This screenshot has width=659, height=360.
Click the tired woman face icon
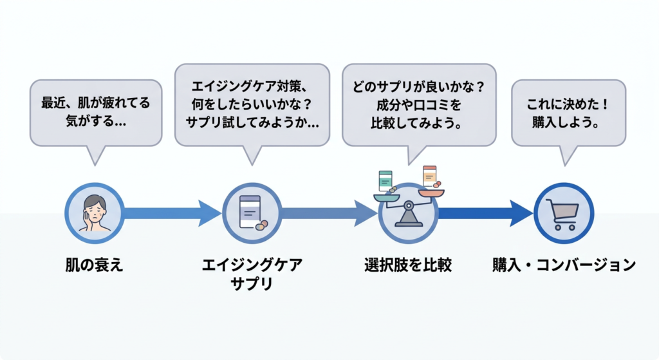click(95, 213)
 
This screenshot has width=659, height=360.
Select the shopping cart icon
click(563, 213)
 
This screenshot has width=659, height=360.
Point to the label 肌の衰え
click(94, 265)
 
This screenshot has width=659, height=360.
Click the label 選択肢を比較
click(407, 265)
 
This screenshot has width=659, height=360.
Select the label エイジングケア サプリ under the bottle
click(252, 274)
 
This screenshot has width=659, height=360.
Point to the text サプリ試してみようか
click(252, 121)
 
